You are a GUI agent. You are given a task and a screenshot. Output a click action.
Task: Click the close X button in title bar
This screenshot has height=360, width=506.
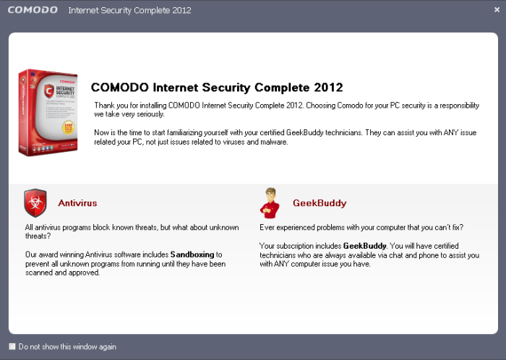tap(496, 10)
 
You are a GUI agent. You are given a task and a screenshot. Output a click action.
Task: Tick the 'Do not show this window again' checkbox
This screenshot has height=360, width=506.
tap(12, 346)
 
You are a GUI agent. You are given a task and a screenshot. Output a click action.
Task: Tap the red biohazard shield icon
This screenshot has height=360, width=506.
tap(35, 203)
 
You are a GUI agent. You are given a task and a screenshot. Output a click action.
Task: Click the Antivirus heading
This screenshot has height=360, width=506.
tap(77, 203)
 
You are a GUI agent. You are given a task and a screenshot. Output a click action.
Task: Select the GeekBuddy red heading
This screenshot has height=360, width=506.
tap(320, 203)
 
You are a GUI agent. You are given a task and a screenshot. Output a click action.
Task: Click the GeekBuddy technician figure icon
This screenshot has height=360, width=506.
tap(269, 202)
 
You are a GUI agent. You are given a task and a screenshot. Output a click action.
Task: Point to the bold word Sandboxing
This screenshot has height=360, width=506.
tap(192, 254)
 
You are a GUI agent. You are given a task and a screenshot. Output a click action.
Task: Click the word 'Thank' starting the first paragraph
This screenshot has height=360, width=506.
tap(104, 106)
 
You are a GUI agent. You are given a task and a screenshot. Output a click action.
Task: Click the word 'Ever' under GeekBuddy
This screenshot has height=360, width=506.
tap(267, 227)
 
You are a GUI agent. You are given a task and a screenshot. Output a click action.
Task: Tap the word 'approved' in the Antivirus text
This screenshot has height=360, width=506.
tap(82, 273)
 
